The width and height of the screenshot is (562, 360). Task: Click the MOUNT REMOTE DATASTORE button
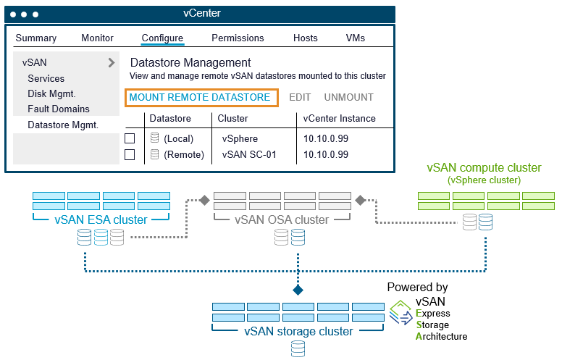pyautogui.click(x=201, y=98)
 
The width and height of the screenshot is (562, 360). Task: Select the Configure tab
pyautogui.click(x=162, y=38)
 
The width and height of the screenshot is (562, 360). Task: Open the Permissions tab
pyautogui.click(x=238, y=38)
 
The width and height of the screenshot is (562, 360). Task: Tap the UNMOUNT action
pyautogui.click(x=349, y=98)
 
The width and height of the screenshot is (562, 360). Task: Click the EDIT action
pyautogui.click(x=300, y=98)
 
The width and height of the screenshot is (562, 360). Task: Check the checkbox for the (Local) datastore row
pyautogui.click(x=130, y=138)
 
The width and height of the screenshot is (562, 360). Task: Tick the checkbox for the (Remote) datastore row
pyautogui.click(x=130, y=154)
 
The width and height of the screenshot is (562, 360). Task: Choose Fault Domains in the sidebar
pyautogui.click(x=59, y=109)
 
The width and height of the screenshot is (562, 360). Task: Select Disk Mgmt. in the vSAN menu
pyautogui.click(x=51, y=94)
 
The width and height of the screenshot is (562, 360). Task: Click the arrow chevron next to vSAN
pyautogui.click(x=112, y=63)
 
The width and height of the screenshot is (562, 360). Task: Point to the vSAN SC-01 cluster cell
pyautogui.click(x=249, y=154)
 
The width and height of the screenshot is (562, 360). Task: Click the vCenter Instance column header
pyautogui.click(x=339, y=118)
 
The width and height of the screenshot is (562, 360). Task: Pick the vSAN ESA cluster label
pyautogui.click(x=101, y=219)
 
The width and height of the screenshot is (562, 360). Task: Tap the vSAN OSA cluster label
pyautogui.click(x=282, y=219)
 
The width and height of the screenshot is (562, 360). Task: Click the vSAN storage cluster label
pyautogui.click(x=298, y=331)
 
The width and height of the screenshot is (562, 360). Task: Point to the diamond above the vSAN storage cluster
pyautogui.click(x=298, y=290)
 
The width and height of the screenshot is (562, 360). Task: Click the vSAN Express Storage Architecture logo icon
pyautogui.click(x=401, y=313)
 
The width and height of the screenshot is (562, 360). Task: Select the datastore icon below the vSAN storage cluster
pyautogui.click(x=298, y=349)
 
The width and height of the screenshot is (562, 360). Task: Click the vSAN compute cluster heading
pyautogui.click(x=484, y=168)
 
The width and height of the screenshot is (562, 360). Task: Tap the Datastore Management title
pyautogui.click(x=190, y=63)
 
